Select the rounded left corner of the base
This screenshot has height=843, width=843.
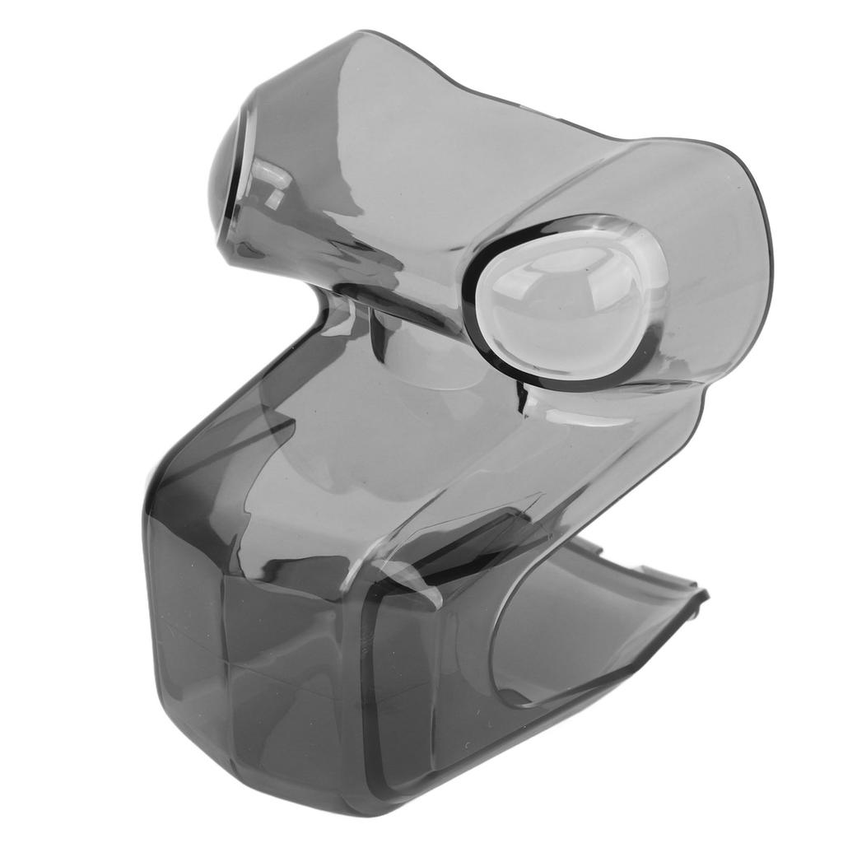click(x=152, y=510)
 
